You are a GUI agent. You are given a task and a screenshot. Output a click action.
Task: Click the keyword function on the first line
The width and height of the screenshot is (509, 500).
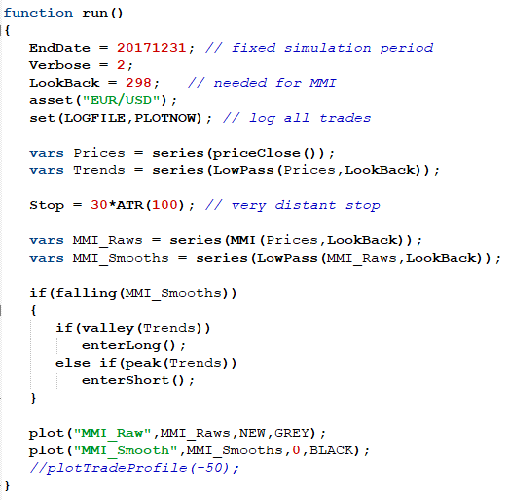38,13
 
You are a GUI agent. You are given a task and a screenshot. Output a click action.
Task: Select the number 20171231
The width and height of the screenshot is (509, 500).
151,48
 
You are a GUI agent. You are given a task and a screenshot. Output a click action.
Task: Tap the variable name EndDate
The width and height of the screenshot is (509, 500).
59,48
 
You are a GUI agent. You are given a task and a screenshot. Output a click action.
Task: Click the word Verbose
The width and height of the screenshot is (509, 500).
59,65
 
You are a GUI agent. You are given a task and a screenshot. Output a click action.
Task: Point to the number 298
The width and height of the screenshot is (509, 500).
138,83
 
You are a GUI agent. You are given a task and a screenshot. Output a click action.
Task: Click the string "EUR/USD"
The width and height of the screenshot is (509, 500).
121,100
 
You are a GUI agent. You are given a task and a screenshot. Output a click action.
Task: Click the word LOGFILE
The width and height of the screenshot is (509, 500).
94,118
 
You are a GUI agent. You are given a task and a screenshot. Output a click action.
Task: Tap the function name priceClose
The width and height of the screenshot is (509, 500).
256,153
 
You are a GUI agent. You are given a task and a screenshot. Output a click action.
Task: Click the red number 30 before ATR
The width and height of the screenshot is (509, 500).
99,205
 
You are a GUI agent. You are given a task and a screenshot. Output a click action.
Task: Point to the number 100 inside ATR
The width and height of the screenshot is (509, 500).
164,205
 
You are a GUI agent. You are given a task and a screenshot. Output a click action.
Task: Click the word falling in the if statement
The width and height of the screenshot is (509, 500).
86,293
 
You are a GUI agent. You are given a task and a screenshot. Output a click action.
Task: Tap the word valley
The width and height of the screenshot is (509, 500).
108,328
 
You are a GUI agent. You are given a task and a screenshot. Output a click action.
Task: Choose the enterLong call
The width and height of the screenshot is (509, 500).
133,346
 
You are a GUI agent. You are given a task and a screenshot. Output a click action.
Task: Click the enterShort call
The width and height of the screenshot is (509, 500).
137,380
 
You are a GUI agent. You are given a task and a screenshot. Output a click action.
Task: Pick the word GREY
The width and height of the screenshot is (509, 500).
292,433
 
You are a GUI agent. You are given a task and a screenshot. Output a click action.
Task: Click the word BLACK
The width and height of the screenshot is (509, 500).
331,450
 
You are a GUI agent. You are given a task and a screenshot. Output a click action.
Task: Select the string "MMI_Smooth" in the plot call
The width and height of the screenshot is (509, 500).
126,450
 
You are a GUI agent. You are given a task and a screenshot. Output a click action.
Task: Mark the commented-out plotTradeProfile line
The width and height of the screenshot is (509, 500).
134,468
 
